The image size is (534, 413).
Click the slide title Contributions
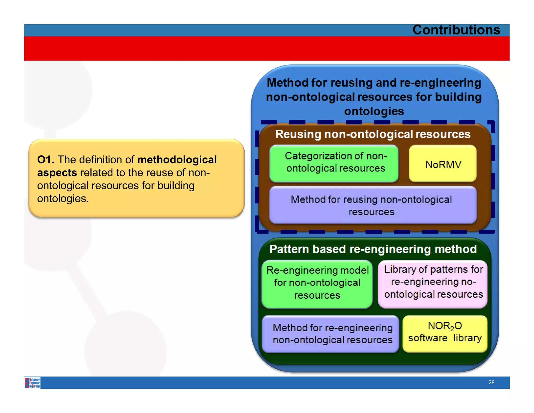pyautogui.click(x=456, y=30)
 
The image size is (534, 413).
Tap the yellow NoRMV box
pyautogui.click(x=443, y=164)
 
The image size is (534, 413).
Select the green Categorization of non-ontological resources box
pyautogui.click(x=334, y=163)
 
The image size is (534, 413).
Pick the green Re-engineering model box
pyautogui.click(x=317, y=284)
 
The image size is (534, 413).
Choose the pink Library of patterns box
pyautogui.click(x=433, y=283)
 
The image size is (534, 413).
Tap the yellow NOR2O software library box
pyautogui.click(x=445, y=333)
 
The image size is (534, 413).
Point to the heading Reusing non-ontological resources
pyautogui.click(x=373, y=134)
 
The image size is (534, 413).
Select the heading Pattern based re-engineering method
pyautogui.click(x=373, y=249)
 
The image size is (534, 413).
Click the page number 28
pyautogui.click(x=491, y=382)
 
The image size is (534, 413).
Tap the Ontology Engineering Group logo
pyautogui.click(x=33, y=383)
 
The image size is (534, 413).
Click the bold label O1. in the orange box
pyautogui.click(x=46, y=160)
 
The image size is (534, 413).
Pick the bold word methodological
pyautogui.click(x=177, y=160)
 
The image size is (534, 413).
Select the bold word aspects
pyautogui.click(x=57, y=173)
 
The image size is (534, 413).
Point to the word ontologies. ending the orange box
pyautogui.click(x=63, y=199)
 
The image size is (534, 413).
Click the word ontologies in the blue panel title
pyautogui.click(x=374, y=111)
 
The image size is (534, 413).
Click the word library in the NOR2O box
pyautogui.click(x=467, y=338)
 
